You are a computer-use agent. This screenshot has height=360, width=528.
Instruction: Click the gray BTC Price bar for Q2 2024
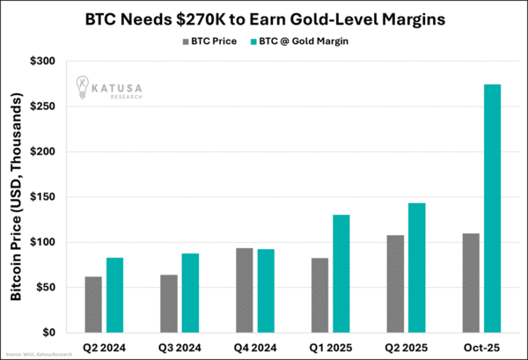tap(93, 305)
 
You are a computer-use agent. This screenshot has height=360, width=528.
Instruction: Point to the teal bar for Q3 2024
tap(190, 293)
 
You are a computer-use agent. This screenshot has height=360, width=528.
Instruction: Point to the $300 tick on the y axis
tap(42, 61)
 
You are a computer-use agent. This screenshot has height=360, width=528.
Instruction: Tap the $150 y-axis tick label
tap(42, 197)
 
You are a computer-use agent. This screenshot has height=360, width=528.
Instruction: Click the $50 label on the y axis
tap(45, 288)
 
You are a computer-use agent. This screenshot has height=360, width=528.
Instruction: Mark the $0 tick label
tap(49, 333)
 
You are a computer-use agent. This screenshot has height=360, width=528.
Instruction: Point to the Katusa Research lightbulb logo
tap(82, 85)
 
